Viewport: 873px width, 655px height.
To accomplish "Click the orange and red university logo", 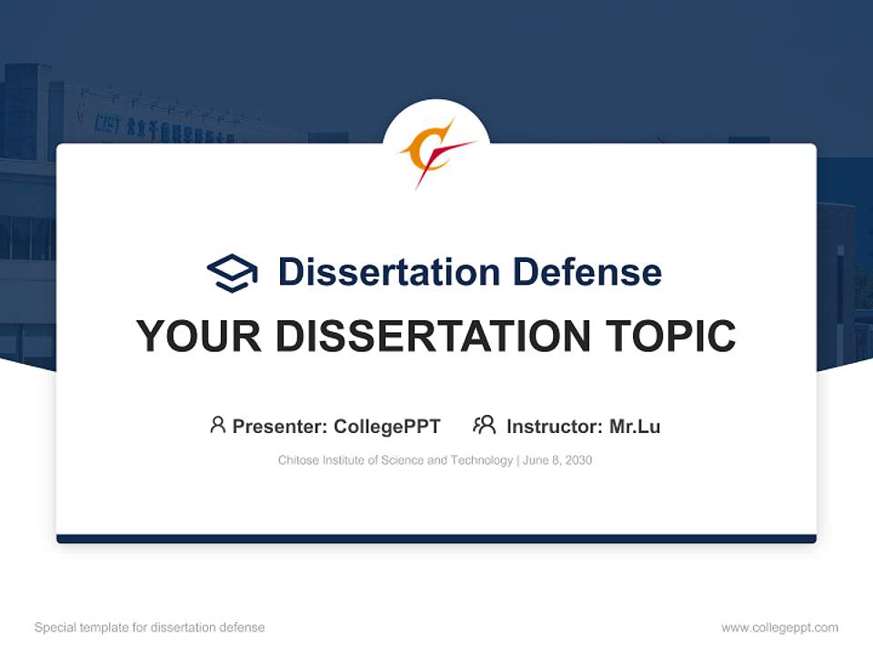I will pyautogui.click(x=435, y=153).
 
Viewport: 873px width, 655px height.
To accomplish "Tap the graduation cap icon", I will pyautogui.click(x=232, y=273).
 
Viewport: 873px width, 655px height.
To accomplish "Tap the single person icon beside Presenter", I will pyautogui.click(x=217, y=425).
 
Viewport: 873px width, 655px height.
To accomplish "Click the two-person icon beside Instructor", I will pyautogui.click(x=485, y=425).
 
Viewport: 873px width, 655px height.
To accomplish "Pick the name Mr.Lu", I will pyautogui.click(x=635, y=427).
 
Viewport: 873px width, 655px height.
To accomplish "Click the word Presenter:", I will pyautogui.click(x=280, y=427).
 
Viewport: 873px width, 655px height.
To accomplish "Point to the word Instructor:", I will pyautogui.click(x=554, y=427).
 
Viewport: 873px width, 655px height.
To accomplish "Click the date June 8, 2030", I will pyautogui.click(x=557, y=460).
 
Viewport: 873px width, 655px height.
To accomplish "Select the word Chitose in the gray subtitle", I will pyautogui.click(x=298, y=460).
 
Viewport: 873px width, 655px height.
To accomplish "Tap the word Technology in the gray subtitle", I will pyautogui.click(x=481, y=460).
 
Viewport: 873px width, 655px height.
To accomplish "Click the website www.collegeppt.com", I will pyautogui.click(x=779, y=628).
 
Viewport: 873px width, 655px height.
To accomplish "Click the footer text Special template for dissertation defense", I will pyautogui.click(x=149, y=628).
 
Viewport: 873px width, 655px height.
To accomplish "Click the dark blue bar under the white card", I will pyautogui.click(x=436, y=539).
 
